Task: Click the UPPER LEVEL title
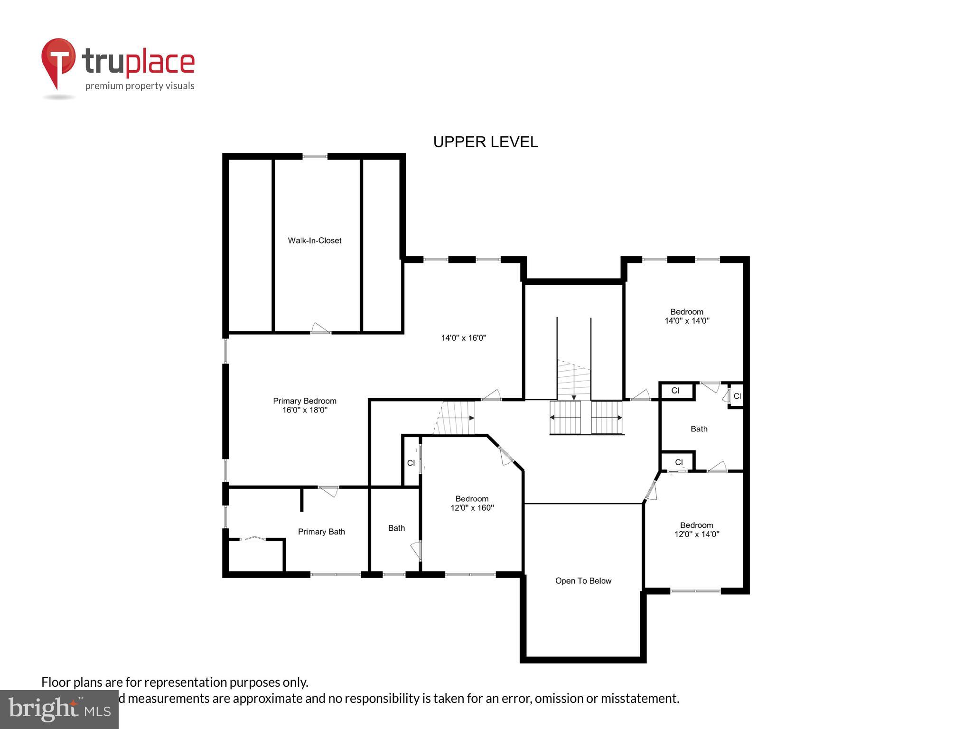pyautogui.click(x=486, y=142)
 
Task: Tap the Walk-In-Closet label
pyautogui.click(x=315, y=241)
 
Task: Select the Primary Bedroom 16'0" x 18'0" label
pyautogui.click(x=305, y=405)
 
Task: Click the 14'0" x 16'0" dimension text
pyautogui.click(x=464, y=338)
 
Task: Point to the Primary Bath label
pyautogui.click(x=321, y=532)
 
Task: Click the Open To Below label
pyautogui.click(x=583, y=581)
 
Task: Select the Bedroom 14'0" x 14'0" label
pyautogui.click(x=687, y=316)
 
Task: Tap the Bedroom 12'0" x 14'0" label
pyautogui.click(x=697, y=529)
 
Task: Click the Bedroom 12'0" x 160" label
pyautogui.click(x=472, y=503)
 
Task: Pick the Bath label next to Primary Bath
pyautogui.click(x=397, y=528)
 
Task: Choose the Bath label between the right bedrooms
pyautogui.click(x=699, y=429)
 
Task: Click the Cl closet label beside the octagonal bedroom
pyautogui.click(x=411, y=463)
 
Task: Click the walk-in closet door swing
pyautogui.click(x=320, y=328)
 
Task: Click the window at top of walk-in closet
pyautogui.click(x=315, y=156)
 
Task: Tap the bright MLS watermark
pyautogui.click(x=59, y=709)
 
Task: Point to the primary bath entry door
pyautogui.click(x=328, y=491)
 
